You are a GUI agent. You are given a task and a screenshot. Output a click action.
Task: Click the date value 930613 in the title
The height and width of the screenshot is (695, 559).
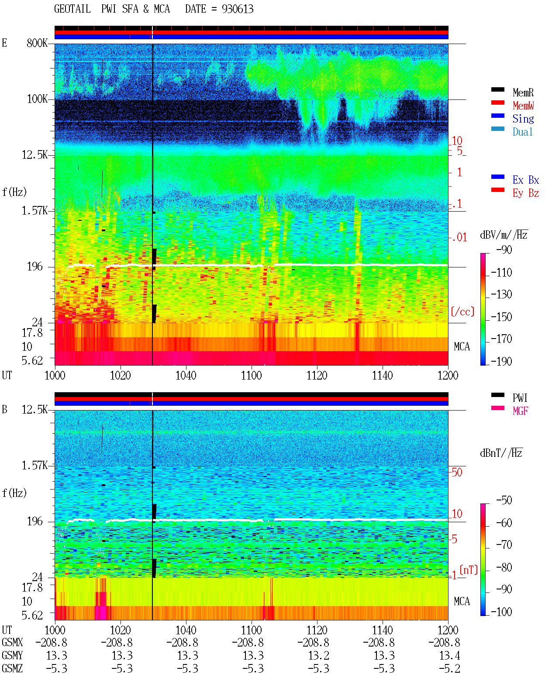pos(238,9)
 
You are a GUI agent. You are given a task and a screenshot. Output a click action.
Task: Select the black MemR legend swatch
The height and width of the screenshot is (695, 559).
pos(497,89)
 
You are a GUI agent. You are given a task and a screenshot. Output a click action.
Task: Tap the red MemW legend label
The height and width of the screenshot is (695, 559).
pos(523,106)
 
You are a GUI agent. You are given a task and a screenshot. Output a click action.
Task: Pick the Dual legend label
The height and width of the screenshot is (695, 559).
pos(523,132)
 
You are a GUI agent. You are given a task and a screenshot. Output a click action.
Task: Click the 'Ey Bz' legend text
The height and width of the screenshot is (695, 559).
pos(526,193)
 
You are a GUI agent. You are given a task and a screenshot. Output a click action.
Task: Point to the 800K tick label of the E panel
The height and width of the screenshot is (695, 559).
pos(37,43)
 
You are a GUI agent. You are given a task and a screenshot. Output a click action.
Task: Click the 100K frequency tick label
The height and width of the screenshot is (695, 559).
pos(37,99)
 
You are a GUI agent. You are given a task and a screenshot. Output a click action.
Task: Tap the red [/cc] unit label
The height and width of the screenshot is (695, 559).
pos(462,312)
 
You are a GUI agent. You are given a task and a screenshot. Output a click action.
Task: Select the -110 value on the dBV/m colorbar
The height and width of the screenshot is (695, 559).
pos(501,273)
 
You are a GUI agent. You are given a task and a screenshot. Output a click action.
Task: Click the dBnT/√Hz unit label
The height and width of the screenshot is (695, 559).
pos(501,453)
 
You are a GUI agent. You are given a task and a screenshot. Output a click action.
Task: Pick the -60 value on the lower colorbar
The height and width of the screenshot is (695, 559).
pos(504,523)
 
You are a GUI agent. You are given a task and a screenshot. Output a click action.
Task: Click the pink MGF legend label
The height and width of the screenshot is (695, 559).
pos(521,411)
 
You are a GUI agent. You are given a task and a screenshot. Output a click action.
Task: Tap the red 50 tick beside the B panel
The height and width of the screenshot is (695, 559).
pos(457,472)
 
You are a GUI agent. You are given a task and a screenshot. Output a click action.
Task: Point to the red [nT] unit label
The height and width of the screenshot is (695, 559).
pos(469,570)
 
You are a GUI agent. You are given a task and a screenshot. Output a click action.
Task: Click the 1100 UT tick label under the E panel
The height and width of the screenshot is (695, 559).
pos(251,376)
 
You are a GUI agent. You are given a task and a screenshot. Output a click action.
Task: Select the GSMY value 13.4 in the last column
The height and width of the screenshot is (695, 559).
pos(450,655)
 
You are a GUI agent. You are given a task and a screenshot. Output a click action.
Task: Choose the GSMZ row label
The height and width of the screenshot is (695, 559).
pos(12,668)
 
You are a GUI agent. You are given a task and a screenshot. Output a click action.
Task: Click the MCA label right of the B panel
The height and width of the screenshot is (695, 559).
pos(462,601)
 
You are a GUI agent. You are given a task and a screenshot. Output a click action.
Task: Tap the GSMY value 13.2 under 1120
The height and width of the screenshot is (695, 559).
pos(319,655)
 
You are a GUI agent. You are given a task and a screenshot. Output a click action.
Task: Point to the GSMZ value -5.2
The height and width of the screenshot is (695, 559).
pos(450,668)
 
